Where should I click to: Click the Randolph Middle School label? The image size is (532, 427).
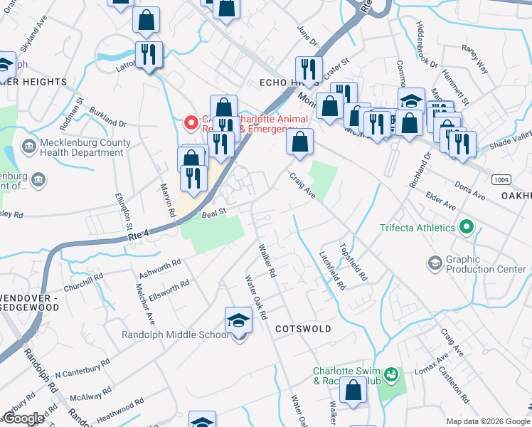[x=176, y=334]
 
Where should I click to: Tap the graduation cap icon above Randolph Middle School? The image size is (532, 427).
[x=238, y=321]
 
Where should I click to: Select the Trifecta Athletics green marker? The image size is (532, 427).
[x=467, y=228]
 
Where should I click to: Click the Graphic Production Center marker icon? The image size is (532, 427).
[x=434, y=264]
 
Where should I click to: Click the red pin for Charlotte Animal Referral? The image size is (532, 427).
[x=191, y=123]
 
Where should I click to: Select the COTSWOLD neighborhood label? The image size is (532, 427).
[x=303, y=329]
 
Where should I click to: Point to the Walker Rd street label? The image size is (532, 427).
[x=267, y=260]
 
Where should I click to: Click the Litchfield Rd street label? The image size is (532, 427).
[x=332, y=270]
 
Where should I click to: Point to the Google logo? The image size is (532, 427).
[x=24, y=418]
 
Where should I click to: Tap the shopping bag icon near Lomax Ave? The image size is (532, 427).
[x=353, y=391]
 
